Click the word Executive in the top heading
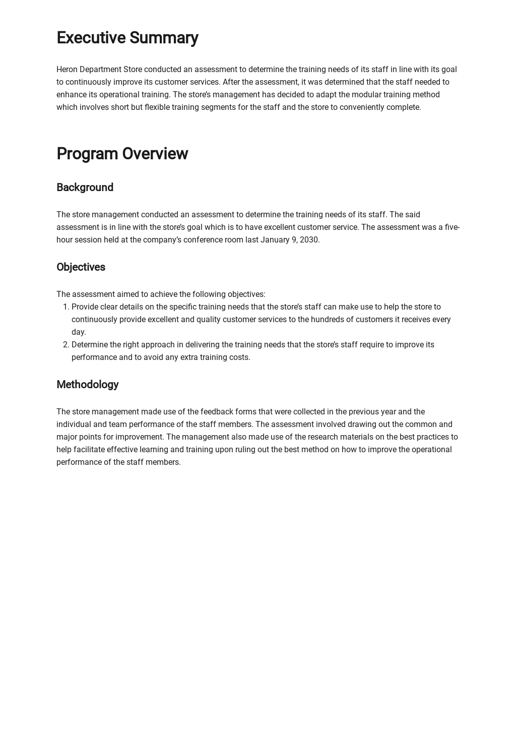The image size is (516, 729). click(x=91, y=38)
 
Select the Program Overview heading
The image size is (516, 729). click(x=122, y=154)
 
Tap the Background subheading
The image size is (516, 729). click(x=85, y=188)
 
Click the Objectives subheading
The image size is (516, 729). click(x=81, y=267)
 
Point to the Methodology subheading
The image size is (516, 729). click(x=87, y=385)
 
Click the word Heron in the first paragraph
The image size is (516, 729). click(x=67, y=70)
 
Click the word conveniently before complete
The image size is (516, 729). click(x=362, y=107)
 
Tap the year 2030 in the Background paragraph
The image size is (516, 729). click(x=309, y=240)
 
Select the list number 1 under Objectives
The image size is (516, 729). click(x=65, y=307)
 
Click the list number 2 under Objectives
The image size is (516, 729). click(x=65, y=345)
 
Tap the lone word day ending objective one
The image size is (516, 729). click(x=78, y=332)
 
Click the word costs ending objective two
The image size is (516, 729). click(x=240, y=357)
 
